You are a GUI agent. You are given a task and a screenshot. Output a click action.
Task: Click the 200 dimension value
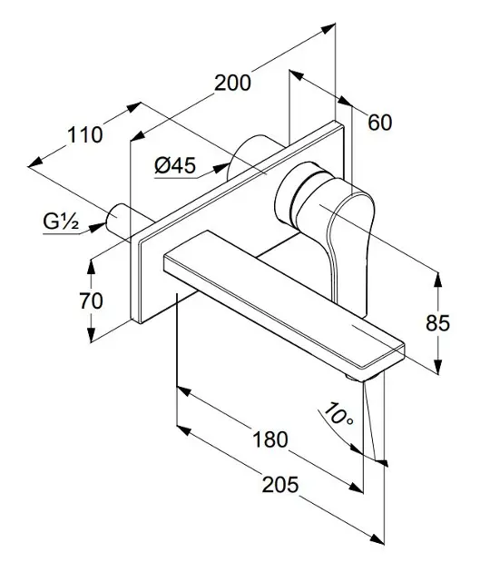(x=232, y=83)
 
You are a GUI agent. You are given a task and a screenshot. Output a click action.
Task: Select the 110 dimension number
(x=85, y=134)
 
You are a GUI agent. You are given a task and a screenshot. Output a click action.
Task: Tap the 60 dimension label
(x=380, y=123)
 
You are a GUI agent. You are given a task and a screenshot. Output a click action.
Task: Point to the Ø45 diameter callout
(x=175, y=165)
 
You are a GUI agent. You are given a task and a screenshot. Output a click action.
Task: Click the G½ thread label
(x=61, y=221)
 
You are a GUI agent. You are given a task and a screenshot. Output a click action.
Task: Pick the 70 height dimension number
(x=91, y=301)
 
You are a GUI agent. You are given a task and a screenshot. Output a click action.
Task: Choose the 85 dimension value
(x=438, y=323)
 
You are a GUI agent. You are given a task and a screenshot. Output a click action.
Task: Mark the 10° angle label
(x=338, y=414)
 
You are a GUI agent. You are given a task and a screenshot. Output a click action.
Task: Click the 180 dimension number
(x=270, y=439)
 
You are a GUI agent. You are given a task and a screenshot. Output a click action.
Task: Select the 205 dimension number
(x=280, y=485)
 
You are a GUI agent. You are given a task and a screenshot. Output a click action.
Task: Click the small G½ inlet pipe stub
(x=117, y=221)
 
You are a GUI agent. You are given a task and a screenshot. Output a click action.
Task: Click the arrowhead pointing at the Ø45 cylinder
(x=221, y=168)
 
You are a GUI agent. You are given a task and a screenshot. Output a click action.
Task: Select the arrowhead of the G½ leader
(x=97, y=228)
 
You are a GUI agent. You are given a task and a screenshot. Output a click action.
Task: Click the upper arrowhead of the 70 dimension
(x=91, y=266)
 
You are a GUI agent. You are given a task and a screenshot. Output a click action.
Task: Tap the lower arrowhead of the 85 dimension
(x=438, y=366)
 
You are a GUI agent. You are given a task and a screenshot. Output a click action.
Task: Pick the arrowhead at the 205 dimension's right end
(x=377, y=539)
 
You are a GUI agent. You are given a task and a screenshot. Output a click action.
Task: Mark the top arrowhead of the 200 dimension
(x=328, y=28)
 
